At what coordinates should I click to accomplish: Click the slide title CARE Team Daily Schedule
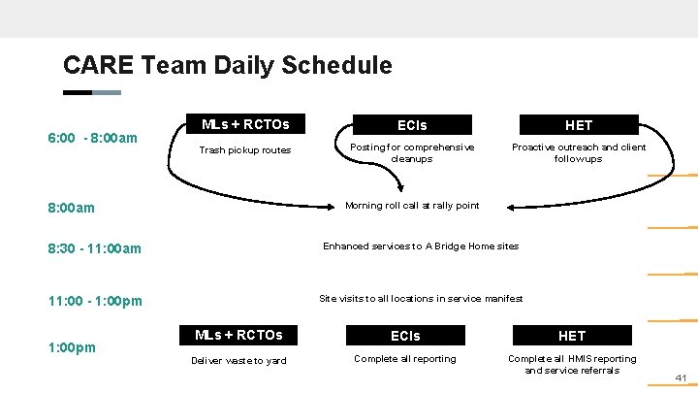[227, 66]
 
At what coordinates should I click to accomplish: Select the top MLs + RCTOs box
[244, 124]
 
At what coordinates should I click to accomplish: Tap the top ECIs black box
[412, 125]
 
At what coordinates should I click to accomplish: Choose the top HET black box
[579, 125]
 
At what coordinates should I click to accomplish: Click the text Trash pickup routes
[244, 150]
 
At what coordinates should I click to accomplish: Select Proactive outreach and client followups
[579, 152]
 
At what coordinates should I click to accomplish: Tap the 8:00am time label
[72, 208]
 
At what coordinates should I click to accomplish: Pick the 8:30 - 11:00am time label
[95, 248]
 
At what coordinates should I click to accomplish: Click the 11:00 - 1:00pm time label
[95, 301]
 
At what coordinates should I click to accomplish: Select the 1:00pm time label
[72, 346]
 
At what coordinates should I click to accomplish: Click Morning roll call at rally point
[412, 205]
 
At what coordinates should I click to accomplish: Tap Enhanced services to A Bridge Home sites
[421, 246]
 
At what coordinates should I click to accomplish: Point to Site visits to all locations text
[421, 298]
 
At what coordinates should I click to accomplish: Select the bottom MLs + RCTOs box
[238, 335]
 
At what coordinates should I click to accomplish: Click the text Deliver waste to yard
[238, 361]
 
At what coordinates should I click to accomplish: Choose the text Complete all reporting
[405, 359]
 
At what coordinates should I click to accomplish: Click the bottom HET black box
[572, 336]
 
